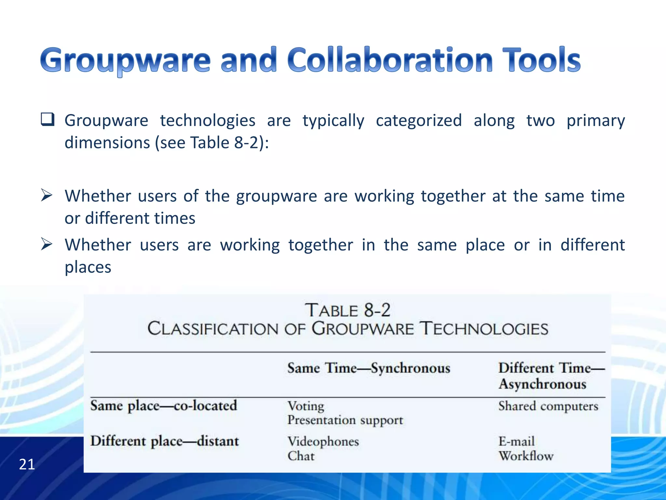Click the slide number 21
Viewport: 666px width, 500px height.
(27, 464)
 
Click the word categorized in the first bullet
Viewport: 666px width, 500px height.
(419, 120)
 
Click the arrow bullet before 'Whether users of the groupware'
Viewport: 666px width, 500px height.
(47, 196)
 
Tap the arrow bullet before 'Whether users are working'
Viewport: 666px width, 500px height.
(47, 244)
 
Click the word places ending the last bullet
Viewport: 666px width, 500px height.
(88, 267)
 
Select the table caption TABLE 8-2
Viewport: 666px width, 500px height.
(347, 310)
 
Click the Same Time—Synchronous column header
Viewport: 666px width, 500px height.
(369, 368)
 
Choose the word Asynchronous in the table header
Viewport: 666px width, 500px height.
(542, 384)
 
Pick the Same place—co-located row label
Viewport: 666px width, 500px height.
(164, 406)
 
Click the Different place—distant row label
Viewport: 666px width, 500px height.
(165, 441)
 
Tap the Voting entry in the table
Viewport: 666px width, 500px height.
(306, 406)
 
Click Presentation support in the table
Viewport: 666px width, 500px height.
(345, 420)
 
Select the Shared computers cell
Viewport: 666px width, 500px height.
(548, 406)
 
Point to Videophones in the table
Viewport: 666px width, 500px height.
(323, 441)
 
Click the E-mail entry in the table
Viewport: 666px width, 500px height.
(516, 441)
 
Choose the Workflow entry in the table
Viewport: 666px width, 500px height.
(526, 456)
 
